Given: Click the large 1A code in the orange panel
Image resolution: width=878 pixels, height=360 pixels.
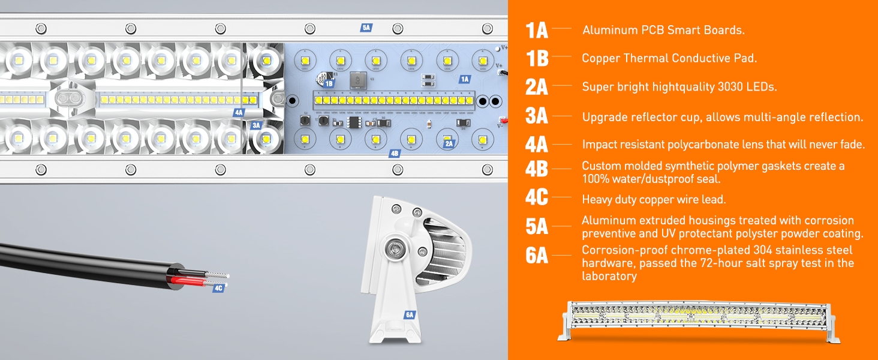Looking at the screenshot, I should [537, 30].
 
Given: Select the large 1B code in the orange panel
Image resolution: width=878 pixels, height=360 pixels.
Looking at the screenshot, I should [537, 58].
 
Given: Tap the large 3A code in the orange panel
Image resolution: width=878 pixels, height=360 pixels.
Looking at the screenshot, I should [537, 116].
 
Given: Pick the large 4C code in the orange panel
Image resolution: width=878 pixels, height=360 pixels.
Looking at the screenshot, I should [537, 198].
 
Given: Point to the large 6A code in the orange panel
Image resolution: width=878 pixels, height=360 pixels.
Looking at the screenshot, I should [537, 256].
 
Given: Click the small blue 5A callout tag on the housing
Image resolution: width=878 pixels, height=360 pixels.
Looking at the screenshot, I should [366, 28].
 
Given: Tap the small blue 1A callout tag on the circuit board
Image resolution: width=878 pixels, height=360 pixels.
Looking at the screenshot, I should [464, 79].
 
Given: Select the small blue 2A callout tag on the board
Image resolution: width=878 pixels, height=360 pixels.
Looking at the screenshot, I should [449, 143].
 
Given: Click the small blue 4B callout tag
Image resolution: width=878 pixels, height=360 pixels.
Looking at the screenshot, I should [394, 154].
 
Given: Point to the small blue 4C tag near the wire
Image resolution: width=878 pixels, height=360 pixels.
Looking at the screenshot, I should [218, 289].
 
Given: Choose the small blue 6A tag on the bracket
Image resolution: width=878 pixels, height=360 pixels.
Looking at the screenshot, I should [410, 315].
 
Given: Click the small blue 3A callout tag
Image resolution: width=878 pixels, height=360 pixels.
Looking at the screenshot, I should [256, 125].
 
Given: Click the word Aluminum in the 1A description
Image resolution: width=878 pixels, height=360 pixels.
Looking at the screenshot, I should [606, 30].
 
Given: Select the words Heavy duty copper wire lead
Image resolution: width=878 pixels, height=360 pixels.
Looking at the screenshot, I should [654, 199].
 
